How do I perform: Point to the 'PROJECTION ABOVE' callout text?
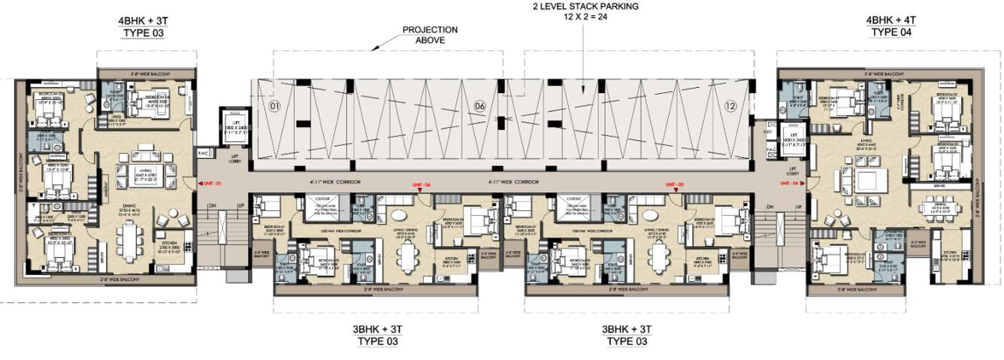click(x=430, y=35)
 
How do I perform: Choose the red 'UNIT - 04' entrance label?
click(x=790, y=183)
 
